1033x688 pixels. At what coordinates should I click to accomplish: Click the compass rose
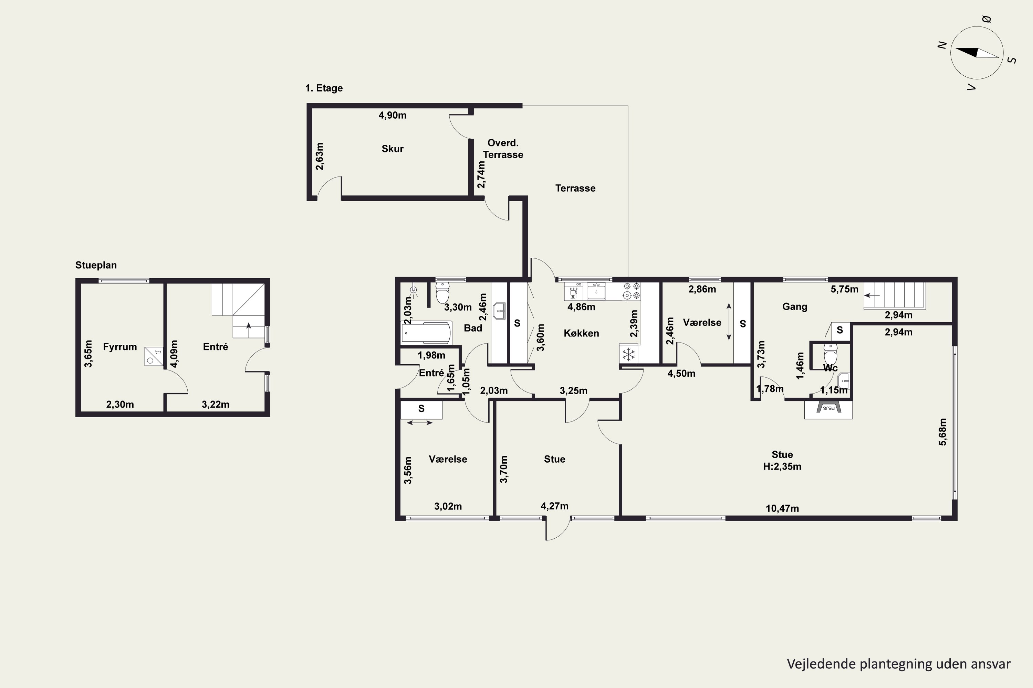[977, 53]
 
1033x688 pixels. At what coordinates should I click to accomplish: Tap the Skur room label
[392, 149]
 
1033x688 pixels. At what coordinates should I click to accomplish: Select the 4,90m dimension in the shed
[392, 115]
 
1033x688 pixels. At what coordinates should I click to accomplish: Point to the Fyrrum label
[120, 347]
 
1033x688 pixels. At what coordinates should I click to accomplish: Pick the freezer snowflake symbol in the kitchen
[628, 354]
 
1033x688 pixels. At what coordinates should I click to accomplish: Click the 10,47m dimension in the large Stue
[782, 508]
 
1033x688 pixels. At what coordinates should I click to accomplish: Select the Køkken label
[581, 333]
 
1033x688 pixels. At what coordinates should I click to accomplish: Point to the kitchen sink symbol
[596, 291]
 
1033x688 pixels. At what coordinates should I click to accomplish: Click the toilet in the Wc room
[830, 354]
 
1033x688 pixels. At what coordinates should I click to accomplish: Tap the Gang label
[794, 307]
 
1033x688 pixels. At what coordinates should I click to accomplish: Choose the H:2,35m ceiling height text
[782, 466]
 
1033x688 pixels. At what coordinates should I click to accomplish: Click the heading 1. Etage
[324, 88]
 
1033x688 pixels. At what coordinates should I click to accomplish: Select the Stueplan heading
[96, 265]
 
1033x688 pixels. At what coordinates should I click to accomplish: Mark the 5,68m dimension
[942, 432]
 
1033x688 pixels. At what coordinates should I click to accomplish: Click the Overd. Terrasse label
[503, 149]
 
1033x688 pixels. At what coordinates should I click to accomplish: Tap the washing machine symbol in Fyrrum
[154, 356]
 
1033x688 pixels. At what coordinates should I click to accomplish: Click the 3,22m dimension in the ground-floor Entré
[215, 405]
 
